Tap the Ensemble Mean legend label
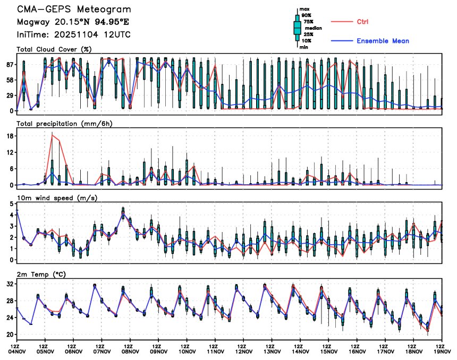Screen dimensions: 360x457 (x=383, y=41)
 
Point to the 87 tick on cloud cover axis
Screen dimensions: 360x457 (x=9, y=64)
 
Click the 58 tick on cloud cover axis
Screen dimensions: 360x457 (x=9, y=80)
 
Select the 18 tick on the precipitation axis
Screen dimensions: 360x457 (x=9, y=136)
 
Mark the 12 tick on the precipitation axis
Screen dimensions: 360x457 (x=9, y=152)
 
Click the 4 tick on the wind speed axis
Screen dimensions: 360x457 (x=11, y=215)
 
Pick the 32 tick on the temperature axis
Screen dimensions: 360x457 (x=9, y=284)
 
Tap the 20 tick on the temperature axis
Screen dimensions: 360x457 (x=9, y=335)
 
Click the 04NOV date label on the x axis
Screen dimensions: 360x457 (x=17, y=351)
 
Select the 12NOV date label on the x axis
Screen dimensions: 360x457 (x=244, y=351)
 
